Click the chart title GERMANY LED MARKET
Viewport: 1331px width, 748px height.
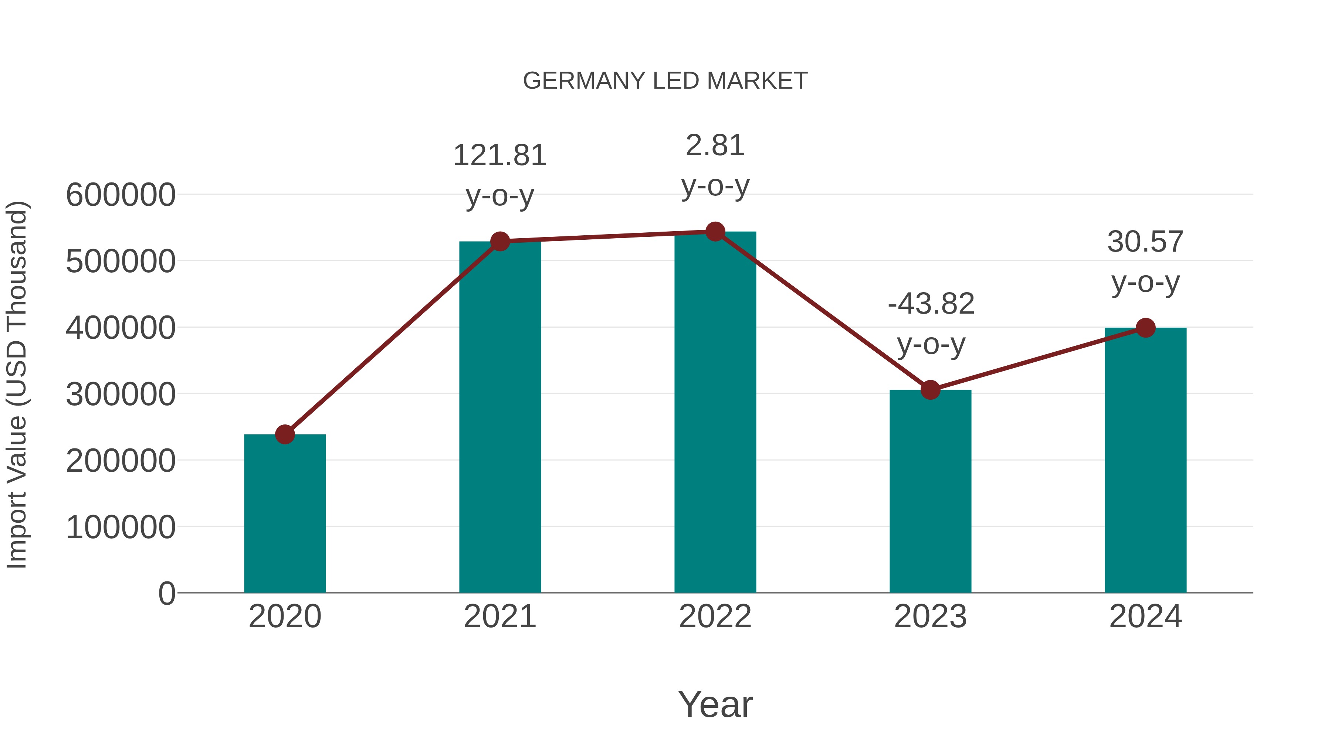click(x=665, y=81)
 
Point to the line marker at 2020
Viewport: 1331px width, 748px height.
click(x=285, y=435)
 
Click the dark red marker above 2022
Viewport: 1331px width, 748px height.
click(x=715, y=232)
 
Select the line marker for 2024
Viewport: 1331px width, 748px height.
click(x=1145, y=327)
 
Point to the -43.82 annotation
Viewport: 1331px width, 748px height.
click(x=931, y=304)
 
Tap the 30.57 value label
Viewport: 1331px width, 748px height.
click(x=1145, y=242)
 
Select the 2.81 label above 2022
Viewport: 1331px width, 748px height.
click(x=715, y=146)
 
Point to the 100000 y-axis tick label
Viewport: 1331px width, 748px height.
click(x=121, y=527)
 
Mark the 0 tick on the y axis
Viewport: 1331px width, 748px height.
click(x=166, y=594)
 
